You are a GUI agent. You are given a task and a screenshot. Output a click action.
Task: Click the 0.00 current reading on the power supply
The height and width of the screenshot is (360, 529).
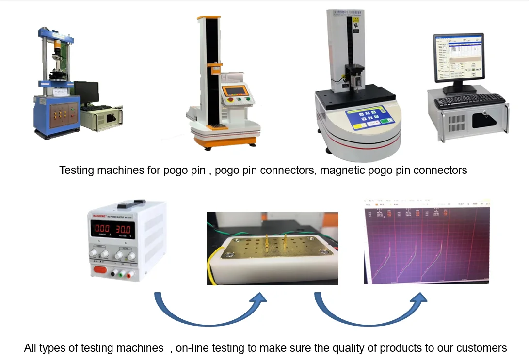point(102,228)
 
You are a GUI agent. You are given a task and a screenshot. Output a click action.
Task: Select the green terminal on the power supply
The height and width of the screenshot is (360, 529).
point(121,274)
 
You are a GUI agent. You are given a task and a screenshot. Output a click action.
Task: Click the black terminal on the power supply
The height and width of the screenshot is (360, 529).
point(112,274)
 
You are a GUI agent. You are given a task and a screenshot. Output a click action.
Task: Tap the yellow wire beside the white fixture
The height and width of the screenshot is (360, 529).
point(209,271)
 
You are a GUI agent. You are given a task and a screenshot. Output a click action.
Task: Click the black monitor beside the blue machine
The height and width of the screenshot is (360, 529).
point(86,93)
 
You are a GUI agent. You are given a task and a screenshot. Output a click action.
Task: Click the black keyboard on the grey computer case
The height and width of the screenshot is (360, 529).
point(469,101)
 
